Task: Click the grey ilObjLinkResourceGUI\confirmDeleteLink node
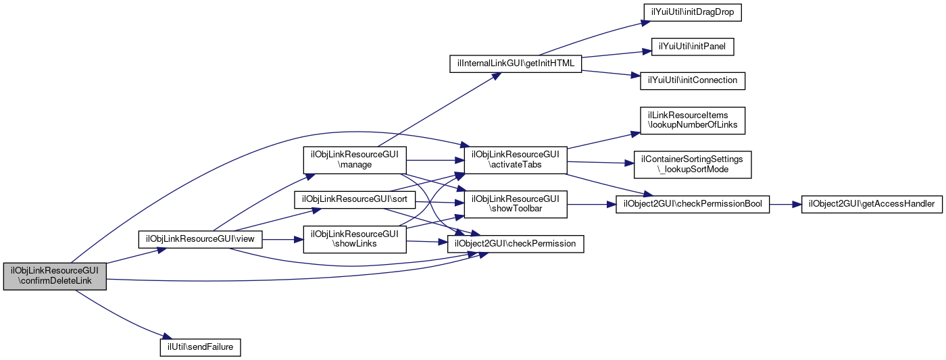coord(55,276)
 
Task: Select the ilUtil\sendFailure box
coord(200,346)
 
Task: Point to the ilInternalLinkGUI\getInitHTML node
coord(516,63)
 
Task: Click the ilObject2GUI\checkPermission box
coord(516,244)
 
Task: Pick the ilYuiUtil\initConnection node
coord(693,80)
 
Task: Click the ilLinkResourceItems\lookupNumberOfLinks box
coord(693,120)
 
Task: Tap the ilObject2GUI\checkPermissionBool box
coord(693,204)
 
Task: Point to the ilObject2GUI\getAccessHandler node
coord(872,204)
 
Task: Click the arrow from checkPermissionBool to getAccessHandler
coord(785,204)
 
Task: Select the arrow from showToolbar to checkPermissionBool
coord(591,204)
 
